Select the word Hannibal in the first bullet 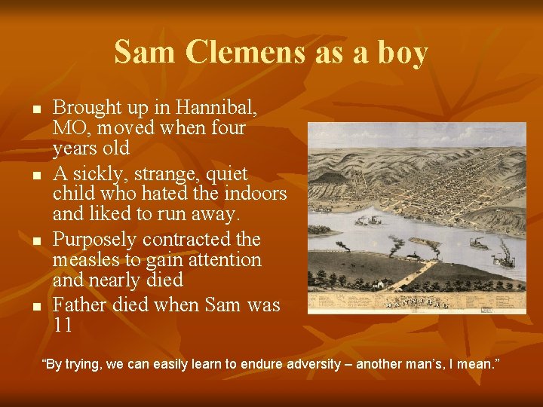click(219, 108)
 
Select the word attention click(221, 260)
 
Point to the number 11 click(63, 326)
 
